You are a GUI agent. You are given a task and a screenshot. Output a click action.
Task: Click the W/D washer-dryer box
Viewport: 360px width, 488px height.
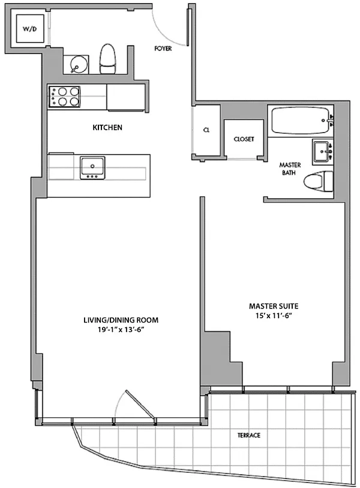click(30, 29)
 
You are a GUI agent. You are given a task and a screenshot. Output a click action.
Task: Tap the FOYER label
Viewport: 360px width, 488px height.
click(163, 49)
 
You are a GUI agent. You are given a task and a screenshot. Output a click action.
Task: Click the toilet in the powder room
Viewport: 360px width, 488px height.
click(107, 59)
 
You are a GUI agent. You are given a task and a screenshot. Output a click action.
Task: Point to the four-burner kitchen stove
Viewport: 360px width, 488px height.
click(64, 97)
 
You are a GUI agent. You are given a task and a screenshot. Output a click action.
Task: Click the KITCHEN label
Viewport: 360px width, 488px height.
click(107, 127)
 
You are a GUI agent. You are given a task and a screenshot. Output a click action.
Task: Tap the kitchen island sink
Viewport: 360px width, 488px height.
click(92, 167)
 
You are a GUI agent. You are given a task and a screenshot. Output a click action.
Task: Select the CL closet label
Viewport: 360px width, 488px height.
click(206, 130)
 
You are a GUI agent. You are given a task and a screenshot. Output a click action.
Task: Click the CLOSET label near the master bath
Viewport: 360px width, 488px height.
click(244, 139)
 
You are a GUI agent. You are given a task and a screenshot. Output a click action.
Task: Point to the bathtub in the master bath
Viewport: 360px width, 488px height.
click(301, 121)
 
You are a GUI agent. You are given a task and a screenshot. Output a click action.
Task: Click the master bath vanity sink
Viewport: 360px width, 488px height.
click(322, 152)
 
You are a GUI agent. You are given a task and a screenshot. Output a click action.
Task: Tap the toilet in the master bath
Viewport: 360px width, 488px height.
click(318, 181)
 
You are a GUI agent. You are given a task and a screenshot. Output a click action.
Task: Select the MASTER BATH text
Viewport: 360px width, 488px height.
click(290, 169)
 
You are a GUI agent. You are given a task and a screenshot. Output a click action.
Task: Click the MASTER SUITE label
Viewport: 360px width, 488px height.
click(274, 306)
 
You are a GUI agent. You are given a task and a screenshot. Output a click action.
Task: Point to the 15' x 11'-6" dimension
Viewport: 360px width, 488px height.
click(274, 316)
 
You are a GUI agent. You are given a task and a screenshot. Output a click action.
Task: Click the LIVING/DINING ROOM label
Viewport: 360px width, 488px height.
click(121, 320)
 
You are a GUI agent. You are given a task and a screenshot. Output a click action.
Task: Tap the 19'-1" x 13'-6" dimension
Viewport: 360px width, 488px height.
click(121, 330)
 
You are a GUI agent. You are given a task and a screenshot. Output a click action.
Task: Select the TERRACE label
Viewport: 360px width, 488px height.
click(249, 435)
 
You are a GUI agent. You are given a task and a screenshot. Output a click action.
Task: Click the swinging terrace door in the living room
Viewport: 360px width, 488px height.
click(140, 403)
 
